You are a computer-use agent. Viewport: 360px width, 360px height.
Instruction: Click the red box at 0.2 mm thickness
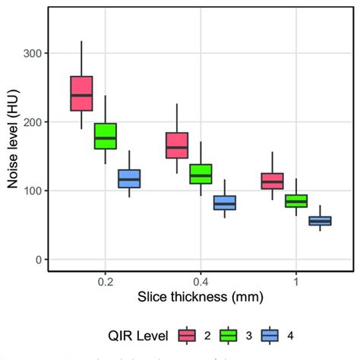click(81, 93)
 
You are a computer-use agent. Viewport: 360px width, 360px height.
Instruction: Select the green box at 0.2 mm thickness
click(105, 136)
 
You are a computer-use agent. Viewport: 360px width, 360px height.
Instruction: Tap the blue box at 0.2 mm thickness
click(129, 178)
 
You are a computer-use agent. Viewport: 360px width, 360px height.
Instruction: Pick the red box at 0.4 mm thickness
click(177, 145)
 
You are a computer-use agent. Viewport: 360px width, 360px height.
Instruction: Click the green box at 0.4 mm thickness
click(201, 174)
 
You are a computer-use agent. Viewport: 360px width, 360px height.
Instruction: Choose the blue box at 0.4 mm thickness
click(225, 203)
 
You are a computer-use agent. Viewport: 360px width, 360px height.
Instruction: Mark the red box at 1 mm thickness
click(272, 181)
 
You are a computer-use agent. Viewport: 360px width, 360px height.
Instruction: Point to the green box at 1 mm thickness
click(296, 201)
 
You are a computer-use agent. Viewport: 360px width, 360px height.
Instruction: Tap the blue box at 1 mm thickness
click(320, 221)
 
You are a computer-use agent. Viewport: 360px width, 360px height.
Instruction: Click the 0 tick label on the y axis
click(37, 260)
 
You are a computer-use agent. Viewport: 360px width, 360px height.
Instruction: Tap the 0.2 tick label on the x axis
click(105, 281)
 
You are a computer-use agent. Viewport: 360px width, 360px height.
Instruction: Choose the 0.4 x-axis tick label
click(201, 281)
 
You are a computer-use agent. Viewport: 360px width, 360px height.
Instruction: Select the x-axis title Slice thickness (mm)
click(201, 298)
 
